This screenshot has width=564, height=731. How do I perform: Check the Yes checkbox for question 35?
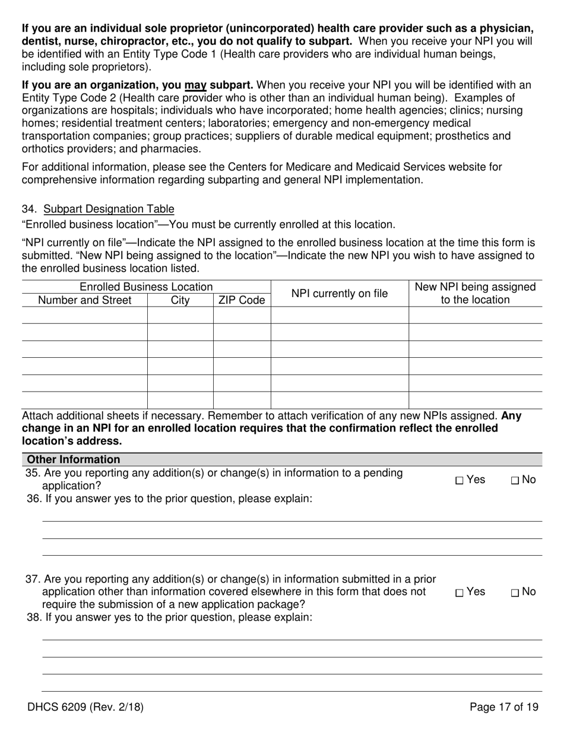(459, 481)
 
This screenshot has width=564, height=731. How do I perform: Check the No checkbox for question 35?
(514, 481)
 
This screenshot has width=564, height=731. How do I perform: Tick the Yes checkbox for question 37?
(459, 593)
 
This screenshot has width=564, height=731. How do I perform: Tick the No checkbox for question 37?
(514, 593)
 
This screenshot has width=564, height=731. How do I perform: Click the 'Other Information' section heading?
(73, 459)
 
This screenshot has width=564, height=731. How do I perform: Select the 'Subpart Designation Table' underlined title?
(109, 209)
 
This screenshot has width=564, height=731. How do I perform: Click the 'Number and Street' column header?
(84, 300)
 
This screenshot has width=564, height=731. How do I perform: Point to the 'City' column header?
(180, 300)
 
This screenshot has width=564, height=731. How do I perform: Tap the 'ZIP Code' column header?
(242, 300)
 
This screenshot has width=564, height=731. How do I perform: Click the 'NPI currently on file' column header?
(339, 294)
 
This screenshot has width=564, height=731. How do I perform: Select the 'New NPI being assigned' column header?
(475, 287)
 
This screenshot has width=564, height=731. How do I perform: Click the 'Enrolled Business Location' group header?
(146, 287)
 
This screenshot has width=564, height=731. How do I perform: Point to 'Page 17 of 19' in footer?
(503, 707)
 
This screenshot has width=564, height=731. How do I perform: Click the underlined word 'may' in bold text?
(195, 85)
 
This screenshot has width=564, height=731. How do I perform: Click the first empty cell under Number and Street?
(84, 316)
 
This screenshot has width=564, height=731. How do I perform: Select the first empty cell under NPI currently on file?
(339, 316)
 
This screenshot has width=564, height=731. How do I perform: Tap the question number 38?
(34, 617)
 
